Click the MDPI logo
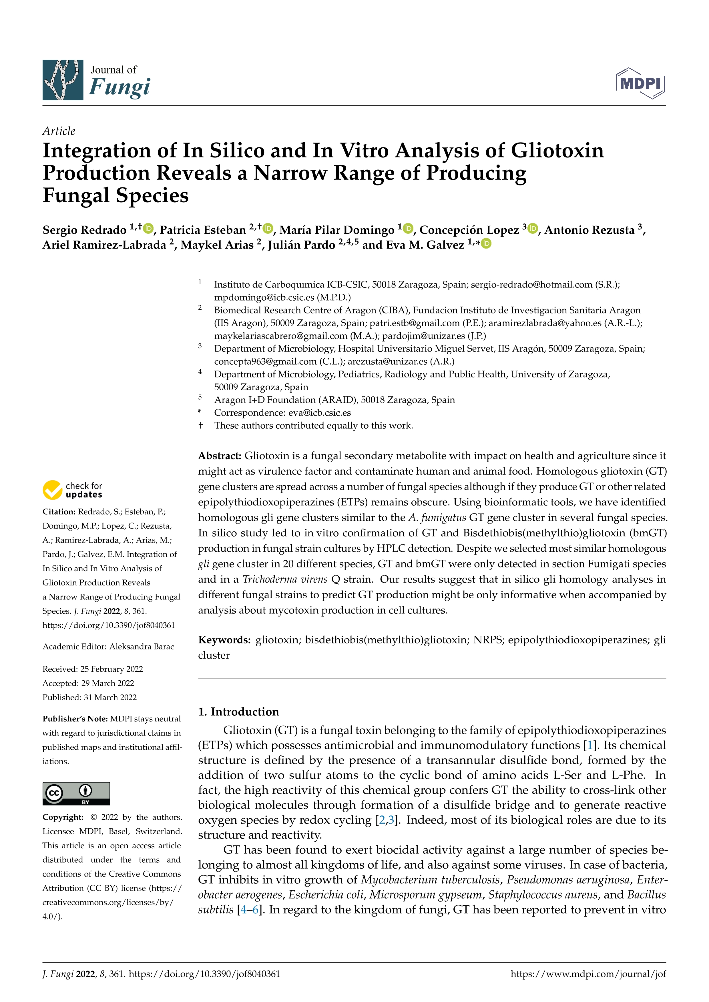coord(640,83)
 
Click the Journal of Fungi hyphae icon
coord(63,80)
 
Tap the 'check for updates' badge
coord(72,490)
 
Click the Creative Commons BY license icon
coord(76,793)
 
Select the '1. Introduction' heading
coord(238,712)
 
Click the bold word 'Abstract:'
coord(220,456)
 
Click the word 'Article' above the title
coord(59,131)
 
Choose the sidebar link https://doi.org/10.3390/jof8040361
coord(109,625)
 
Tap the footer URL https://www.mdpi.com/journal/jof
coord(588,974)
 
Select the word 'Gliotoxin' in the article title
coord(557,151)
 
